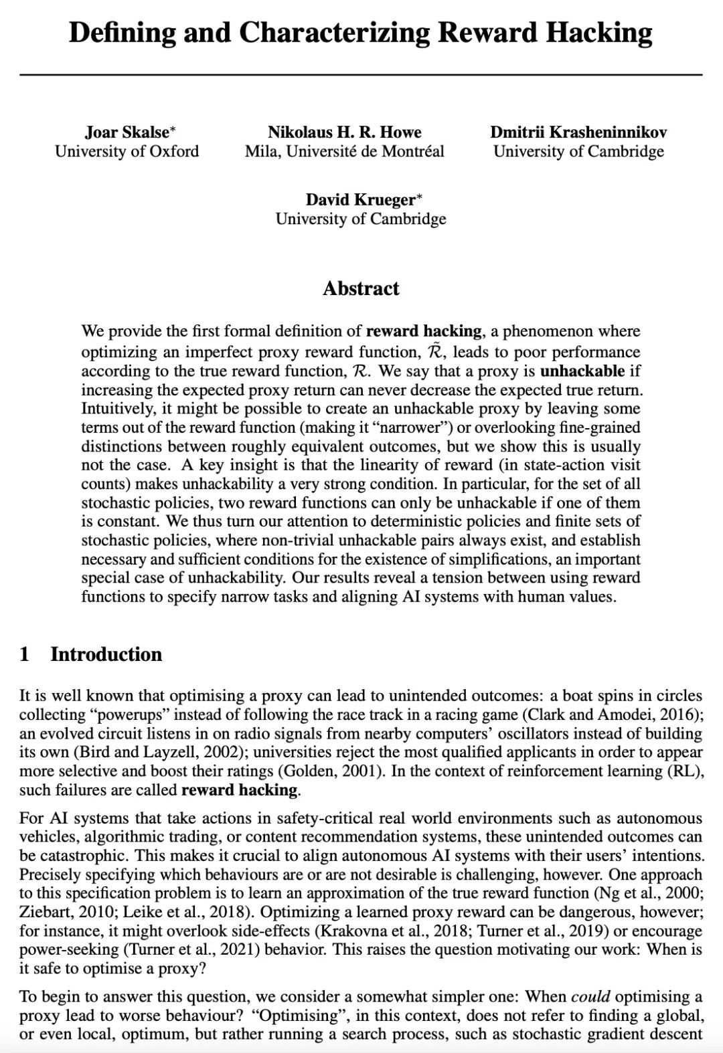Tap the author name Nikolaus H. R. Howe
coord(344,132)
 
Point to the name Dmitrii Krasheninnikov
coord(578,132)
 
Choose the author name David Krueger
coord(361,199)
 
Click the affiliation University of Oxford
coord(127,151)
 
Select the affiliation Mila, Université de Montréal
coord(344,151)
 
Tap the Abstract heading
coord(361,288)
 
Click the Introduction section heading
coord(106,654)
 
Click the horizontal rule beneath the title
coord(361,75)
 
